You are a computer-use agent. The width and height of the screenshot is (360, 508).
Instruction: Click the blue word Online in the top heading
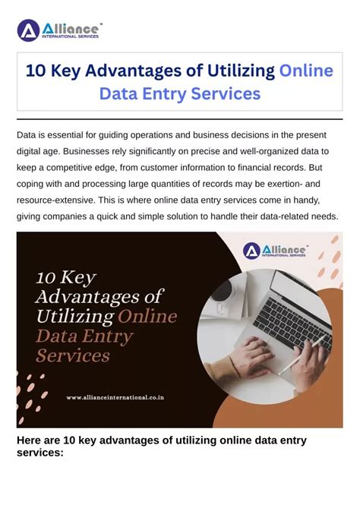coord(306,71)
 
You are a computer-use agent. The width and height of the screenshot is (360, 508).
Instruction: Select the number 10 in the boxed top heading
coord(37,71)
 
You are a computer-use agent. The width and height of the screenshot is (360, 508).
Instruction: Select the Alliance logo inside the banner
coord(274,250)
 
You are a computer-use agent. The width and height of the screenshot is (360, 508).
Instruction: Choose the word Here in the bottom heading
coord(30,440)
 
